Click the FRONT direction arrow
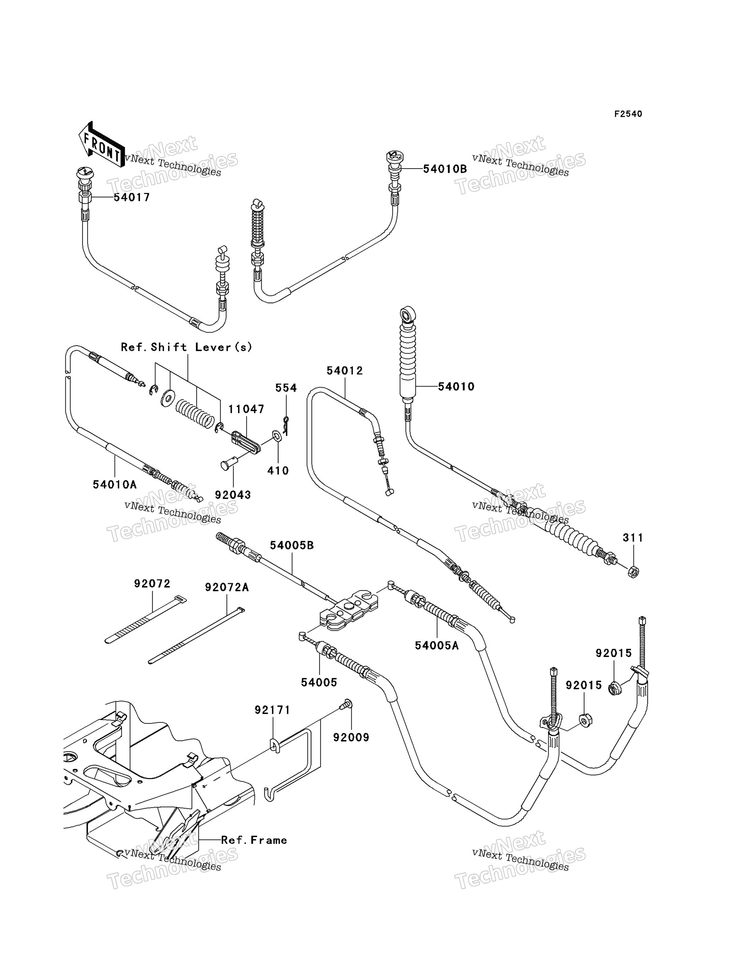tap(101, 144)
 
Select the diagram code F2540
tap(628, 114)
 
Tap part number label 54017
tap(132, 197)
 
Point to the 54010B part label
tap(445, 169)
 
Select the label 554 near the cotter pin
tap(286, 388)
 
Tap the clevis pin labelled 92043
tap(229, 464)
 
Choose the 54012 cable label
tap(345, 371)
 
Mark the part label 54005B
tap(292, 545)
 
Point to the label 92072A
tap(227, 588)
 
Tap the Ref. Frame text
tap(254, 840)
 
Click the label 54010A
tap(115, 485)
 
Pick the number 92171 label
tap(273, 710)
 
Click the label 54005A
tap(437, 646)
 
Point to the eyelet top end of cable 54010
tap(407, 314)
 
